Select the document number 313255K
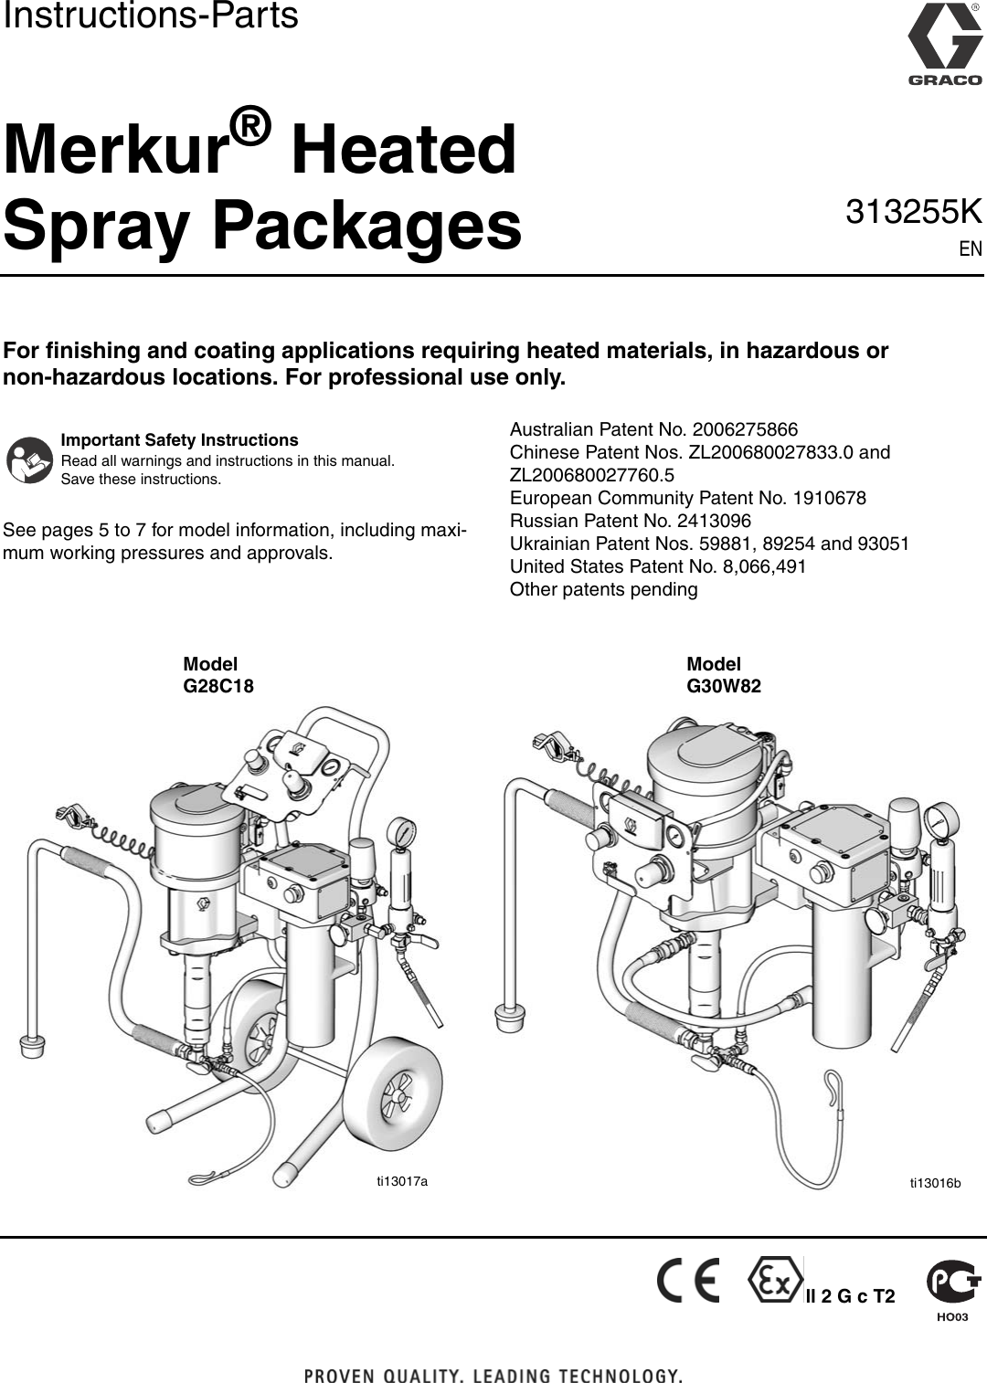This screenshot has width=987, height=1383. pyautogui.click(x=913, y=212)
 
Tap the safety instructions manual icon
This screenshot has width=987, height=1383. pyautogui.click(x=29, y=459)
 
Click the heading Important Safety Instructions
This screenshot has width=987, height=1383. pyautogui.click(x=179, y=440)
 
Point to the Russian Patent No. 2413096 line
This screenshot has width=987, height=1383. pyautogui.click(x=630, y=521)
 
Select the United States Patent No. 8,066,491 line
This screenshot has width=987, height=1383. pyautogui.click(x=657, y=566)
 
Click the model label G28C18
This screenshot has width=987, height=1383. pyautogui.click(x=218, y=685)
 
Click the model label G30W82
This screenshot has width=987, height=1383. pyautogui.click(x=723, y=685)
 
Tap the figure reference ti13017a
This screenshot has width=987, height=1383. pyautogui.click(x=402, y=1181)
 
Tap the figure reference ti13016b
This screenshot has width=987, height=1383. pyautogui.click(x=935, y=1183)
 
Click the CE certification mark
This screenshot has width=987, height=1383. pyautogui.click(x=687, y=1282)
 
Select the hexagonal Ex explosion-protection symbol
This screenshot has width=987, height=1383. pyautogui.click(x=773, y=1282)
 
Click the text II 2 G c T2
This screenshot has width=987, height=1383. pyautogui.click(x=850, y=1296)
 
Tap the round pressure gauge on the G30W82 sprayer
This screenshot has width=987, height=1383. pyautogui.click(x=940, y=816)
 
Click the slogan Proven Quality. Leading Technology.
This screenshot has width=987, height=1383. pyautogui.click(x=493, y=1375)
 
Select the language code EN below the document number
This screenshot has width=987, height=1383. pyautogui.click(x=970, y=248)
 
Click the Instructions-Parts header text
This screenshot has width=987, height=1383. pyautogui.click(x=150, y=16)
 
